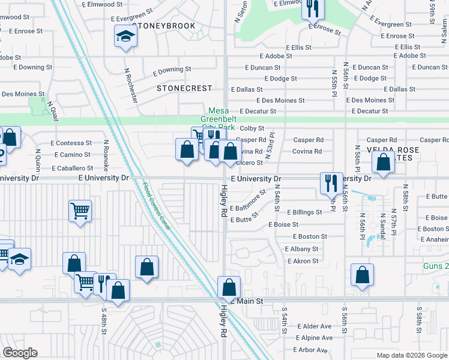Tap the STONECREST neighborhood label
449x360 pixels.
click(x=184, y=88)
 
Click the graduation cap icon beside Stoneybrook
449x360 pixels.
click(x=126, y=37)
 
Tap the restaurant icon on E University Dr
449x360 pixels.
click(x=330, y=182)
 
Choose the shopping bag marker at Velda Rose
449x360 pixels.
click(x=382, y=161)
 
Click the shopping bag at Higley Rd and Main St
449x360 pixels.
click(x=228, y=287)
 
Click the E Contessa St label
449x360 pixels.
click(x=71, y=143)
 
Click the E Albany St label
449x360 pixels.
click(x=302, y=249)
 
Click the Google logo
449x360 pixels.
click(x=20, y=353)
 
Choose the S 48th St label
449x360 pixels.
click(x=104, y=323)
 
